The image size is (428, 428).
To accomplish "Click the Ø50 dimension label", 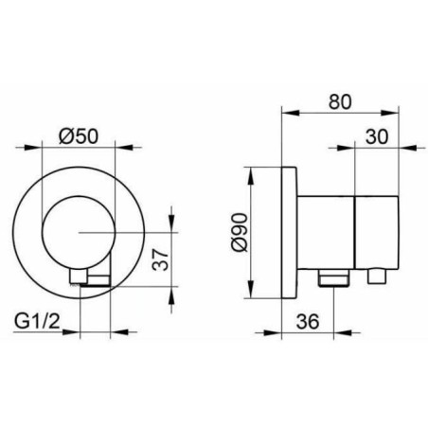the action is [x=79, y=137].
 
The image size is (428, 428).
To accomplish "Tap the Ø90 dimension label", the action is [x=239, y=232].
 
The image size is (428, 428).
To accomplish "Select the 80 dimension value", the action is [x=340, y=102].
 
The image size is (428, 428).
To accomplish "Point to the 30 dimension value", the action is [x=377, y=137].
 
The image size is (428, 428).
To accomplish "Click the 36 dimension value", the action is [x=308, y=322].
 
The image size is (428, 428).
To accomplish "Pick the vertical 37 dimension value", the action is [x=160, y=259].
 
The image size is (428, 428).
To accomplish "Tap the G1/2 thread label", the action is [x=37, y=322].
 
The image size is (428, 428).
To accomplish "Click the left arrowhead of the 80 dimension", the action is [x=290, y=113].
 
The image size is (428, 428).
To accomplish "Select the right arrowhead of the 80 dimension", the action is [x=390, y=113].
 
